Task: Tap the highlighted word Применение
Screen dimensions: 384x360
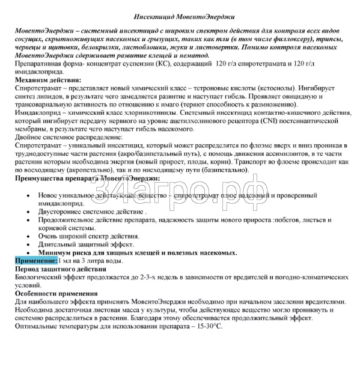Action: (35, 261)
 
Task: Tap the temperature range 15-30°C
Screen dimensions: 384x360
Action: (203, 325)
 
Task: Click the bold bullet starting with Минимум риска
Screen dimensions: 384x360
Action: (137, 253)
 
